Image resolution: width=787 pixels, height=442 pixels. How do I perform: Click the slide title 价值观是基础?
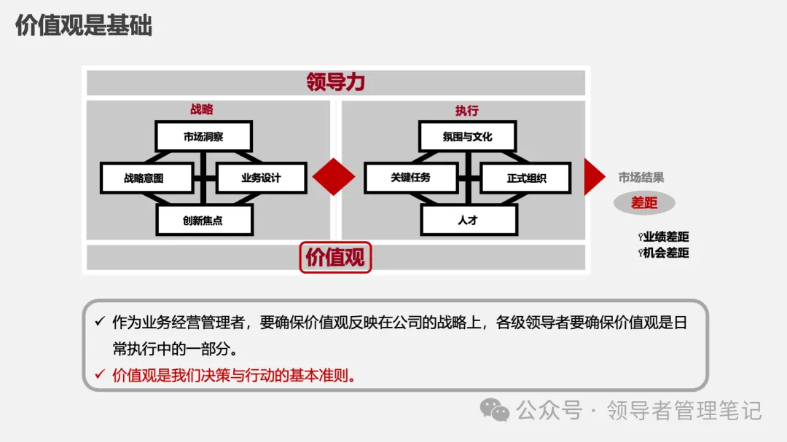coord(84,25)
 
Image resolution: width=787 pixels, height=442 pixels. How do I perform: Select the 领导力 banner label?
coord(335,82)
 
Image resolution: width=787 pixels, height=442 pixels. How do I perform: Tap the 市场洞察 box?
coord(203,136)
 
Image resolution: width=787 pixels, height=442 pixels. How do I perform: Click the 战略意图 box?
coord(146,178)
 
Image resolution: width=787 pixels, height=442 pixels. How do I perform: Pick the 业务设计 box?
coord(260,178)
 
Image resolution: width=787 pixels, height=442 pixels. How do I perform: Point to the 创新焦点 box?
coord(203,220)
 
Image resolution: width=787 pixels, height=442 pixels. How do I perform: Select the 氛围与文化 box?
coord(467,136)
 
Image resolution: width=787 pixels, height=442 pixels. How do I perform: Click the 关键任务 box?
coord(410,178)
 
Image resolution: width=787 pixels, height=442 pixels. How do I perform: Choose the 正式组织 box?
coord(525,178)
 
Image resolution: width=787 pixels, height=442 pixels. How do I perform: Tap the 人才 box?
coord(468,220)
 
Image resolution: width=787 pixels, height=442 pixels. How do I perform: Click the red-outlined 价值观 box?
coord(335,258)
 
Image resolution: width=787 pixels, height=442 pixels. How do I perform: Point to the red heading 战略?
coord(202,110)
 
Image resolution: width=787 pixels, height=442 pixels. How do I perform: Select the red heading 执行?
coord(467,111)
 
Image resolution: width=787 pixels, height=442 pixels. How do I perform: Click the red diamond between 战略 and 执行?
coord(334,177)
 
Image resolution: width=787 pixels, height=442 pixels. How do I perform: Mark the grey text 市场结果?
coord(641,178)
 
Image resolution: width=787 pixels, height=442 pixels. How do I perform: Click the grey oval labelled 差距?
coord(644,203)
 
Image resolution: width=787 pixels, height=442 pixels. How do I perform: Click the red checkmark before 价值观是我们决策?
coord(100,376)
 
